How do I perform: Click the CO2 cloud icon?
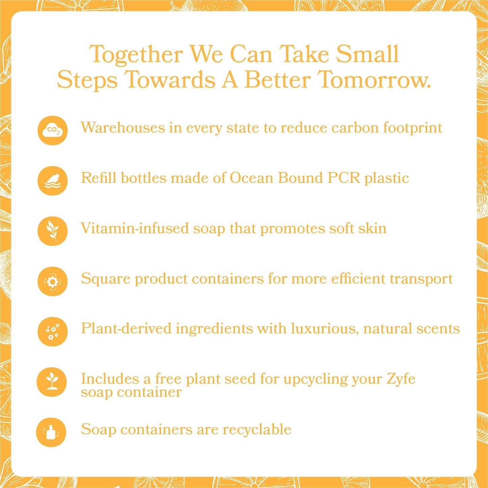click(x=52, y=130)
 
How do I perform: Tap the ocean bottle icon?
click(x=52, y=181)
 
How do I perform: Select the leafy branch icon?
click(x=52, y=231)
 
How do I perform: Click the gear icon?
click(x=52, y=281)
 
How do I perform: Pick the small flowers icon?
click(x=52, y=332)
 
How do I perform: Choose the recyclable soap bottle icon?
click(x=51, y=432)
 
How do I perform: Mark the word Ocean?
click(x=251, y=178)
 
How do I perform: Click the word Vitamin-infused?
click(x=135, y=229)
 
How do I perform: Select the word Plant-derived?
click(x=126, y=329)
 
